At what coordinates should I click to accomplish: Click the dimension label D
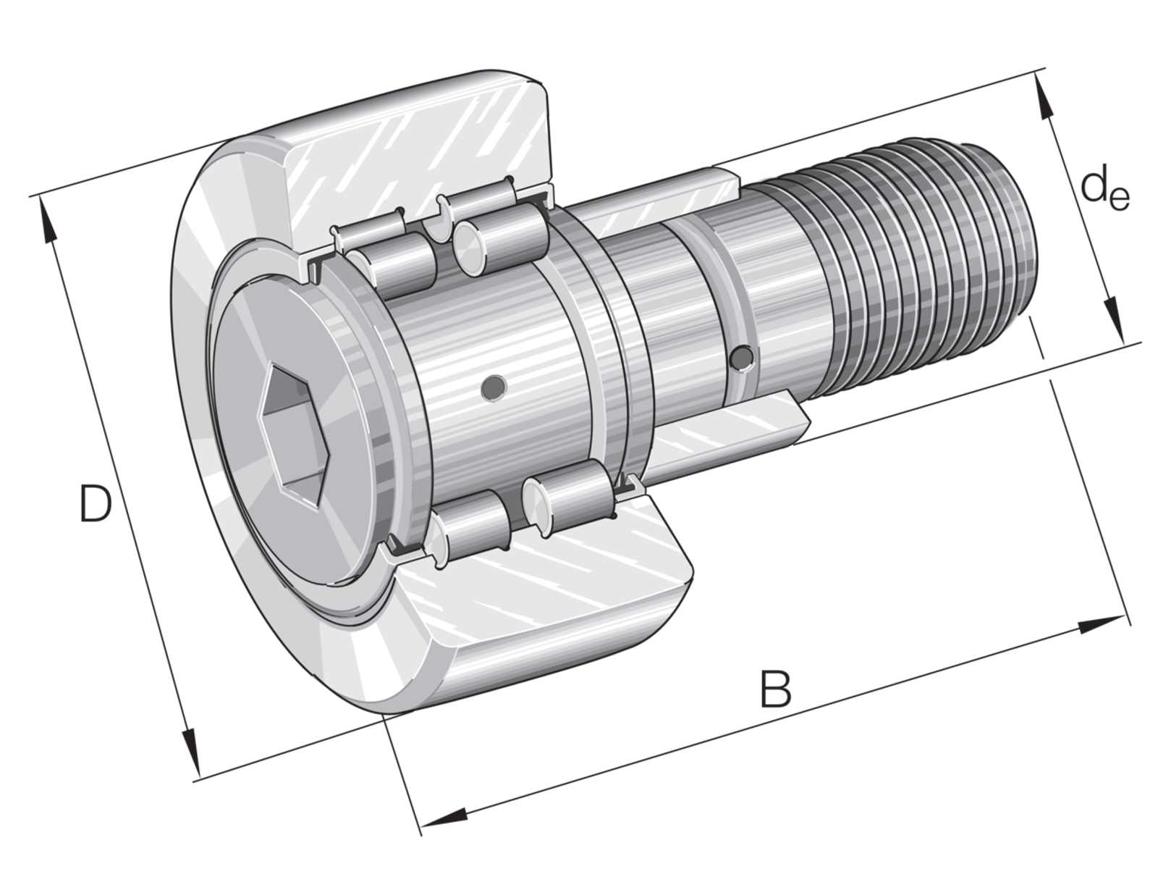click(x=96, y=504)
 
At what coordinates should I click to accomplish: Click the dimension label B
click(x=776, y=689)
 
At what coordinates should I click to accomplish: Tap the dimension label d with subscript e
click(x=1104, y=191)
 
